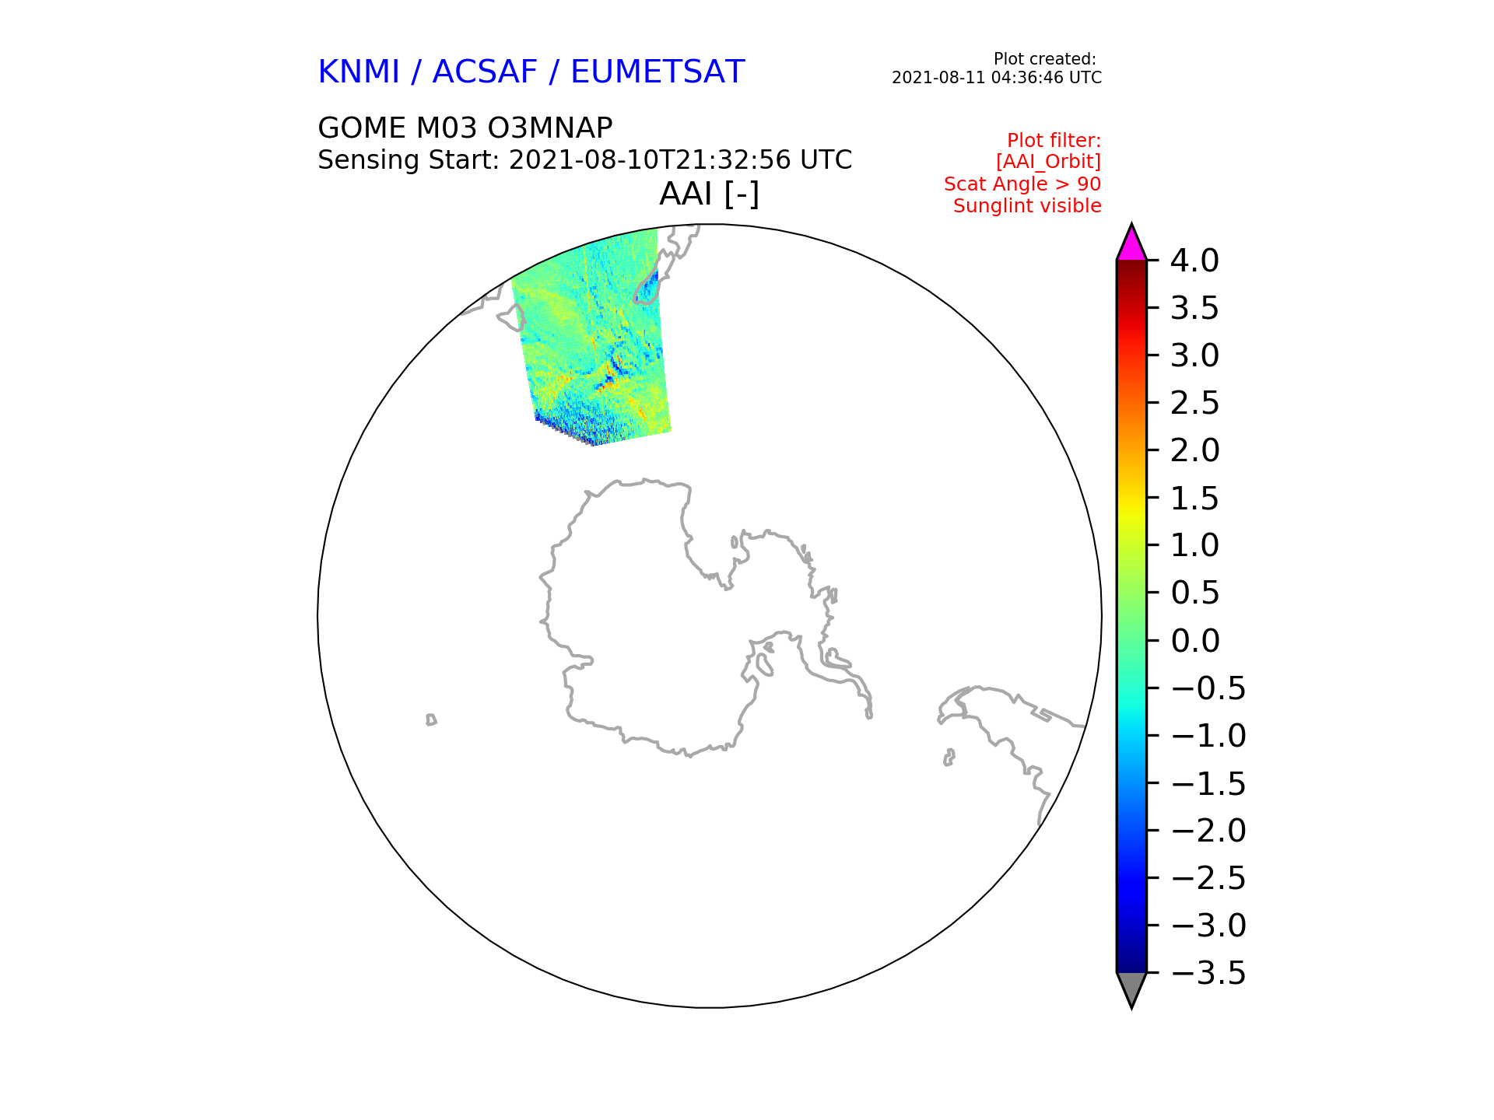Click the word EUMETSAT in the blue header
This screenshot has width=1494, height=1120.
(x=658, y=72)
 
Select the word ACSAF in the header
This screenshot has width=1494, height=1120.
(x=485, y=72)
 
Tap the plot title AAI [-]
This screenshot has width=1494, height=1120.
(x=709, y=194)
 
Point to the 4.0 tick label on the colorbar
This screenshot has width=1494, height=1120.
(x=1194, y=261)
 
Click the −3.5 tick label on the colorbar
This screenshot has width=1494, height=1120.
(x=1208, y=973)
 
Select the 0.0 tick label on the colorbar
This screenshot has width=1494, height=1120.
(x=1194, y=641)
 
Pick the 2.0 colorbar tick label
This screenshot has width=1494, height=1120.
(x=1194, y=450)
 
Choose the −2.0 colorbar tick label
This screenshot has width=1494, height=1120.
(x=1208, y=831)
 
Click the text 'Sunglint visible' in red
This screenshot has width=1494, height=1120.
(x=1027, y=206)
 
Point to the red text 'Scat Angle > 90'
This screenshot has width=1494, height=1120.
(x=1022, y=184)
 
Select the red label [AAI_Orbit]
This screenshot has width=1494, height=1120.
(x=1048, y=162)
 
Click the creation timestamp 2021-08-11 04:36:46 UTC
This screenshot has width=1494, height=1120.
(x=997, y=78)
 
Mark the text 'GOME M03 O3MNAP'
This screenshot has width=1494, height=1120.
(x=465, y=128)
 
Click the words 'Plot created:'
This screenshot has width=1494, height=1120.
(x=1045, y=59)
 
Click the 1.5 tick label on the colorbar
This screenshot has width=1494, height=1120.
(x=1194, y=499)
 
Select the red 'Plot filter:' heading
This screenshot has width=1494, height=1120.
(x=1054, y=141)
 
